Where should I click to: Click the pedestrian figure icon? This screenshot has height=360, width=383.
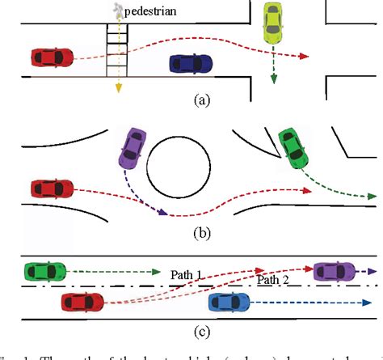(119, 9)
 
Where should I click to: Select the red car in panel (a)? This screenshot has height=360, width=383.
(53, 57)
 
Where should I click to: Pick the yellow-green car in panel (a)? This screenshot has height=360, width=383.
(274, 24)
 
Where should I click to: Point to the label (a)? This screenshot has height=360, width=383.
(200, 101)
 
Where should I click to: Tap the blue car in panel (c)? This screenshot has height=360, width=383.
(232, 303)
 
